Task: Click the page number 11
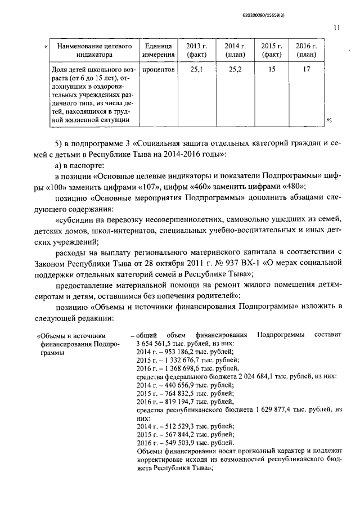(x=336, y=27)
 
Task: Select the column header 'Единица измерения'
(x=157, y=50)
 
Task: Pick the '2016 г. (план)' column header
(x=307, y=50)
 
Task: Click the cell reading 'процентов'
(x=158, y=70)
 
